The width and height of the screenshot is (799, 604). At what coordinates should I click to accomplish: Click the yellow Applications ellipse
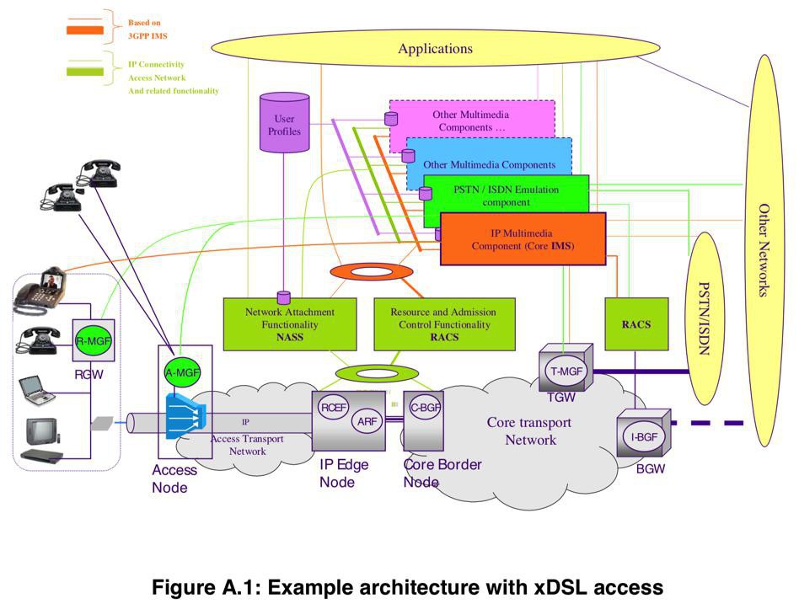(435, 48)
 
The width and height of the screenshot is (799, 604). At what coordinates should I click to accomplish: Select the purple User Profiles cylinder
(284, 123)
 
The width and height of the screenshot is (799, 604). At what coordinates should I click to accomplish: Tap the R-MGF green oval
(94, 340)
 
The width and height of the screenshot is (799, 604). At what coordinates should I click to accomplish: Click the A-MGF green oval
(182, 372)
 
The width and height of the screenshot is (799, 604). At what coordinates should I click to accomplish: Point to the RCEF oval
(334, 408)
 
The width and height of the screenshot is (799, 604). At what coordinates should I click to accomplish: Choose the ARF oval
(367, 421)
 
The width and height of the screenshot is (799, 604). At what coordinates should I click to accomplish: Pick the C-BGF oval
(426, 408)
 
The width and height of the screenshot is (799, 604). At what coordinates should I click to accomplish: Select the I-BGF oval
(644, 437)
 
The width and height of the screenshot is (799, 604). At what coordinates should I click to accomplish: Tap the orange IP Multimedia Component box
(523, 239)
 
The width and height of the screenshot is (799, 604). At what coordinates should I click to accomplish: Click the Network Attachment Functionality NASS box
(290, 324)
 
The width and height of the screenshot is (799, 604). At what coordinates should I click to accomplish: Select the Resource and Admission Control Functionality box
(444, 324)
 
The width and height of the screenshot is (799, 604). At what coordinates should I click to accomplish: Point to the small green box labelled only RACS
(636, 324)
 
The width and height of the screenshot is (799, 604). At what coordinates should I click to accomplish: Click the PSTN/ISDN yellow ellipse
(705, 318)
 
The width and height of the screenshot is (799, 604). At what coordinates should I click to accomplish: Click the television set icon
(43, 430)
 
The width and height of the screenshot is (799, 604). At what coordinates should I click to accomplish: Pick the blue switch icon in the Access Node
(185, 415)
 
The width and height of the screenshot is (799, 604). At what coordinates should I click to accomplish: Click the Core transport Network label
(529, 430)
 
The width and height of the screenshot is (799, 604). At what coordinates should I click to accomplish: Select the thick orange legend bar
(84, 30)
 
